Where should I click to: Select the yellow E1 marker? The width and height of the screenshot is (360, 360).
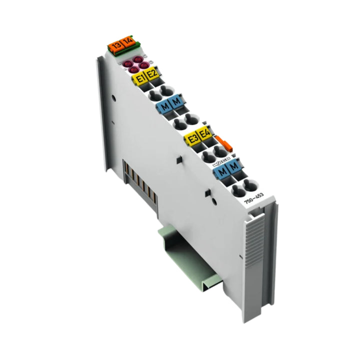click(139, 78)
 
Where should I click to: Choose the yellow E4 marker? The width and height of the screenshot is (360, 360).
click(204, 134)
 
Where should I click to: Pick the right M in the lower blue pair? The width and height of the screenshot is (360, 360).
click(232, 167)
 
